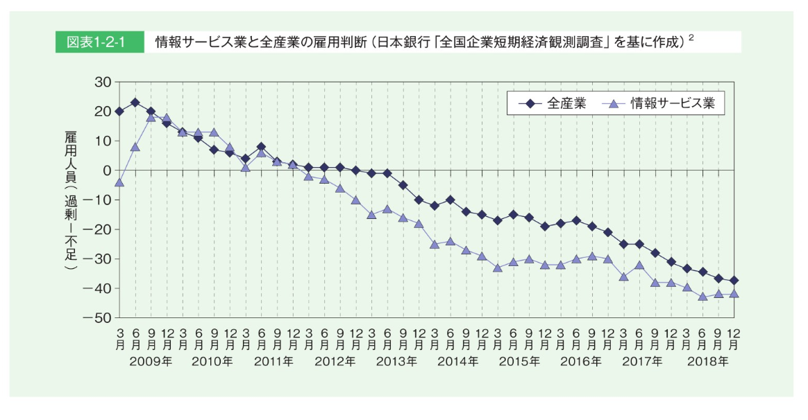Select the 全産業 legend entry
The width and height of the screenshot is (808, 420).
(552, 104)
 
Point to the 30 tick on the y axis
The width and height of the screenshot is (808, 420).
(102, 82)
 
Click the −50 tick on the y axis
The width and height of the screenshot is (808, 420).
(97, 318)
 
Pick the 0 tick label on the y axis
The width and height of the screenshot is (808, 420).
(106, 170)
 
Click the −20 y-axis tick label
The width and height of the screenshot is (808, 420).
(97, 229)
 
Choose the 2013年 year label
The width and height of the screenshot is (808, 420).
(396, 361)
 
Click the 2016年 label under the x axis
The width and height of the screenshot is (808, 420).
(580, 361)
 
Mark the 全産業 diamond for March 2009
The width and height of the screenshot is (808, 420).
(119, 111)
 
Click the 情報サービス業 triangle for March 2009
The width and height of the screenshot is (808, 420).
(119, 182)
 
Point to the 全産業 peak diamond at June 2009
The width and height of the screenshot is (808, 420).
(135, 103)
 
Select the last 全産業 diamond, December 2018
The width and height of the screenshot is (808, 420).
(734, 281)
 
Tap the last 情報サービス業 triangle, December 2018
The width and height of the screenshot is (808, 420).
(734, 294)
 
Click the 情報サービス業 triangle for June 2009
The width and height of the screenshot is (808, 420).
(135, 147)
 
